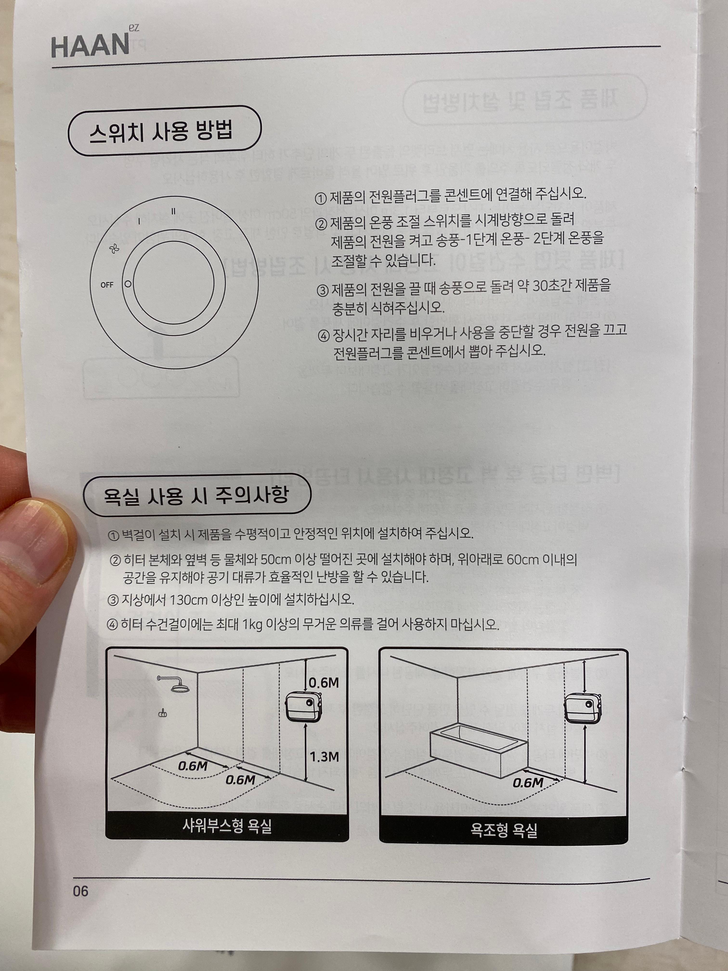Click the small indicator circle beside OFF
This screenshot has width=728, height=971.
pyautogui.click(x=128, y=284)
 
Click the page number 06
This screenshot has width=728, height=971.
pyautogui.click(x=81, y=891)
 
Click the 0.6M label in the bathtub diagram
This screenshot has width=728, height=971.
pyautogui.click(x=528, y=782)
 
